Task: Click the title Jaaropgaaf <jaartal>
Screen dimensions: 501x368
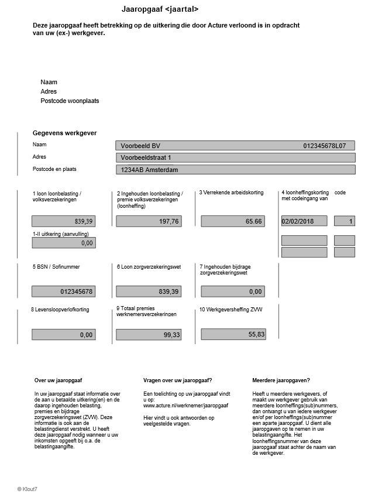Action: pyautogui.click(x=160, y=9)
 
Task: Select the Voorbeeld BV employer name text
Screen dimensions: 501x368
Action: pyautogui.click(x=140, y=146)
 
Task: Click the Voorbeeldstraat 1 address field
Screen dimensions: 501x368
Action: pyautogui.click(x=235, y=157)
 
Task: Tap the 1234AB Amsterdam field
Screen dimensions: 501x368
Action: pyautogui.click(x=235, y=170)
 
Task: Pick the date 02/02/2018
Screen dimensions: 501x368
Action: pyautogui.click(x=298, y=221)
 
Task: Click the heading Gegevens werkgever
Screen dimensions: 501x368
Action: pyautogui.click(x=64, y=133)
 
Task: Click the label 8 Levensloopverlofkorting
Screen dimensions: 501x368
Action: pyautogui.click(x=60, y=309)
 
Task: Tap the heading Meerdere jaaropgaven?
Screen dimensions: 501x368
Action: pyautogui.click(x=281, y=380)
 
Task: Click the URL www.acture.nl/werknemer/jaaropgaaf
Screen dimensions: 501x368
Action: pyautogui.click(x=185, y=405)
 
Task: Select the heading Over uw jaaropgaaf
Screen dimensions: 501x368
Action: pyautogui.click(x=58, y=380)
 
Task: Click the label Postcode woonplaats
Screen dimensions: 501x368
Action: pyautogui.click(x=70, y=101)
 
